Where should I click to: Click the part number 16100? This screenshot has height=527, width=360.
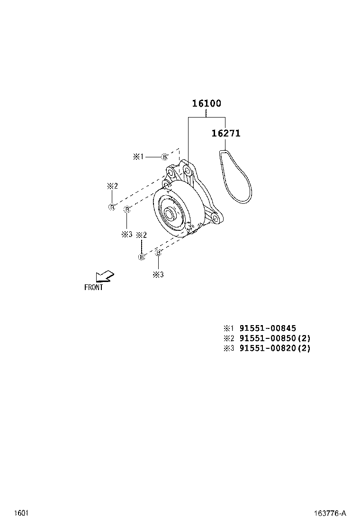207,103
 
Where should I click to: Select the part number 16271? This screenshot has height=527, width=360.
226,134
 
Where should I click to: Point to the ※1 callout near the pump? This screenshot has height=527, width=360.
138,157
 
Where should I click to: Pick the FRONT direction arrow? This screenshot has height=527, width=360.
104,277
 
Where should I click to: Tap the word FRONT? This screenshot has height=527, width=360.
93,287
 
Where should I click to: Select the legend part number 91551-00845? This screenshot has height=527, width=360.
268,328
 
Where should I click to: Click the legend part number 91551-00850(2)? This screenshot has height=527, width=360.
275,338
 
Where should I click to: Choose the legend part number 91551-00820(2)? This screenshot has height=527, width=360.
275,348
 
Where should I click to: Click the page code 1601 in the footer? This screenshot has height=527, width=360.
20,513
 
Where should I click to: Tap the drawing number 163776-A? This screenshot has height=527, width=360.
330,513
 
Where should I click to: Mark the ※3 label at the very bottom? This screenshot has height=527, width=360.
158,274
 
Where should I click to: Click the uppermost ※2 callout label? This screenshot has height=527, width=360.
112,186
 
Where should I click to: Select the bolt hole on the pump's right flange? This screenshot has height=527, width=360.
216,218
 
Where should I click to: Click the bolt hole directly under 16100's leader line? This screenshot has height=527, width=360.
188,170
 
